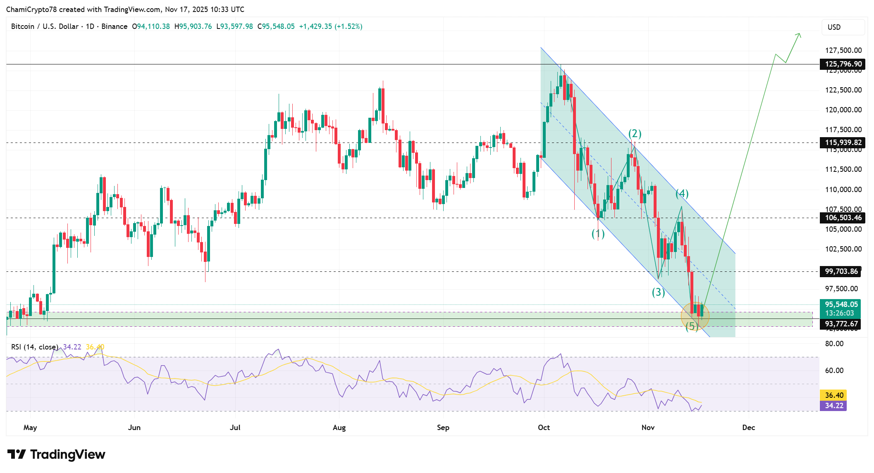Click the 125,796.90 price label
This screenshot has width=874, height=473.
843,64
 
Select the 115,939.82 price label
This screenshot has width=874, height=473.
843,143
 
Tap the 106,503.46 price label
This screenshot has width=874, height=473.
843,218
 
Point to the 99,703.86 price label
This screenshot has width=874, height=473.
841,271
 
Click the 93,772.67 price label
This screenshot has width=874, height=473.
841,324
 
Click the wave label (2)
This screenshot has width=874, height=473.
635,133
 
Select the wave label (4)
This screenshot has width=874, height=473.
682,193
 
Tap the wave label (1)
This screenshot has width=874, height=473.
598,234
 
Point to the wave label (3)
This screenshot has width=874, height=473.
658,292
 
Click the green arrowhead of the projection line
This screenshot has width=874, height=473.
799,36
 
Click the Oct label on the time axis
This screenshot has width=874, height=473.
544,428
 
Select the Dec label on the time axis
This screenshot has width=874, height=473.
748,428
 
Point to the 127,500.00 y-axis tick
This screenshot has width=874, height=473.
843,50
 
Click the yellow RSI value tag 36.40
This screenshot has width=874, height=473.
834,395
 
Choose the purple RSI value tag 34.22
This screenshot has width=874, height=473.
834,406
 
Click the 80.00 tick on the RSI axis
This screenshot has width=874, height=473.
834,344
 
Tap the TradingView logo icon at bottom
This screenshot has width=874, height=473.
17,454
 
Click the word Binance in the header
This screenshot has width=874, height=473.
114,26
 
